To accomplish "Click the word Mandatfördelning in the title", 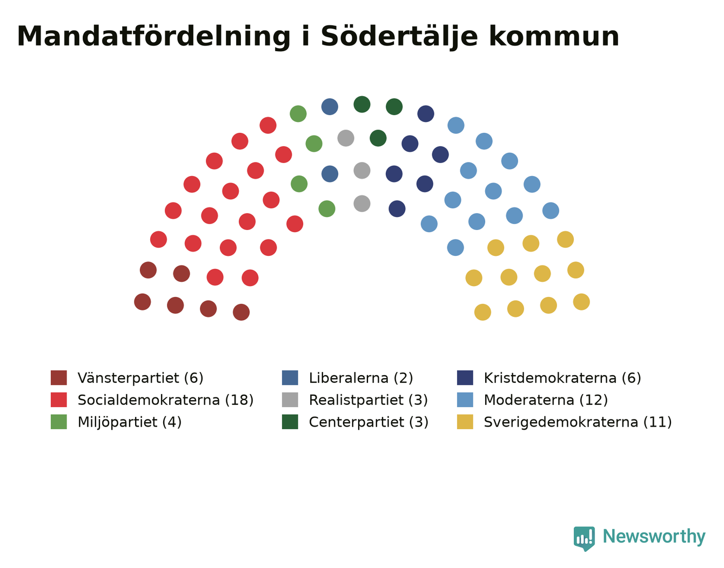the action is click(x=153, y=37).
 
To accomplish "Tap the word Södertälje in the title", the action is click(x=399, y=37).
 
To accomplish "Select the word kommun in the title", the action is click(x=554, y=36).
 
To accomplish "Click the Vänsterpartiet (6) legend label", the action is click(x=140, y=378).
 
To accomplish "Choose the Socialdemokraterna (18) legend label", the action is click(x=165, y=400).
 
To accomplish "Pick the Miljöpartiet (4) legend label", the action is click(x=130, y=422).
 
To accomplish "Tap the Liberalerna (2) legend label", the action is click(x=361, y=378).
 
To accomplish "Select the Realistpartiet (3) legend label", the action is click(x=368, y=400).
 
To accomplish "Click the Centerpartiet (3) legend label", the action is click(x=368, y=422).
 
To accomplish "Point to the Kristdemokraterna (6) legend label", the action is click(x=562, y=378).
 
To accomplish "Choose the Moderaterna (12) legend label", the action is click(x=546, y=400).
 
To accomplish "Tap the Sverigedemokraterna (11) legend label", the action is click(x=578, y=422).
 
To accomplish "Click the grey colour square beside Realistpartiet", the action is click(x=290, y=400).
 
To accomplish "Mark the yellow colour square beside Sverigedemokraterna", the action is click(x=465, y=422).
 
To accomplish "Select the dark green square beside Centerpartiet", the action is click(x=290, y=422).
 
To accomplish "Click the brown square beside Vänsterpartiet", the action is click(x=59, y=378).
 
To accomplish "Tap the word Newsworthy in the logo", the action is click(x=654, y=536).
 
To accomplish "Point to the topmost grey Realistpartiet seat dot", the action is click(x=345, y=138).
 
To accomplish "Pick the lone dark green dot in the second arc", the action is click(x=378, y=138).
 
